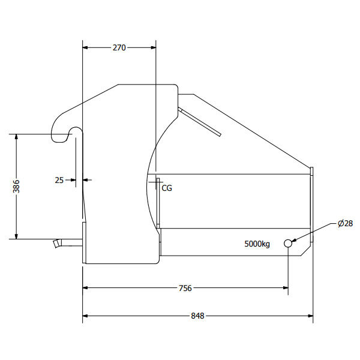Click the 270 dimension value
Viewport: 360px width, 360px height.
(x=119, y=47)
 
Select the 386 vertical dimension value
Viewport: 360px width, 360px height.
(x=16, y=186)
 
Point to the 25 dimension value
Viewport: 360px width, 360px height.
(x=59, y=180)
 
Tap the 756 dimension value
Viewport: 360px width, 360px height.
(x=185, y=288)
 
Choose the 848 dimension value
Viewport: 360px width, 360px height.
(x=197, y=316)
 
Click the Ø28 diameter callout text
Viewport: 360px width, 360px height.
(x=345, y=223)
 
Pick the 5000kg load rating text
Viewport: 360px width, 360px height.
(x=257, y=244)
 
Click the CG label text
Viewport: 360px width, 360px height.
(x=167, y=188)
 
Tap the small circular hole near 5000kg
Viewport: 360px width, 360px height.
(x=288, y=244)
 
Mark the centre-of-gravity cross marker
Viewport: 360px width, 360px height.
(x=156, y=182)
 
